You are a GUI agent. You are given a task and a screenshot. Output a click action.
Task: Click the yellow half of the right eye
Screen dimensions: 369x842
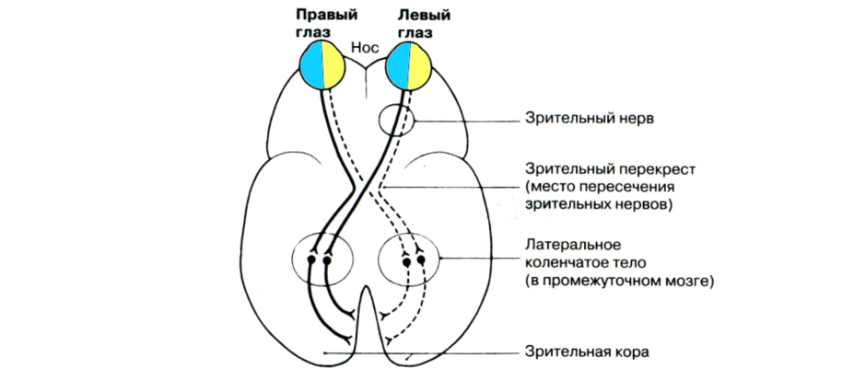[333, 68]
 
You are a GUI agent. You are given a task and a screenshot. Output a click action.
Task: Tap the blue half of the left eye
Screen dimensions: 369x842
[396, 68]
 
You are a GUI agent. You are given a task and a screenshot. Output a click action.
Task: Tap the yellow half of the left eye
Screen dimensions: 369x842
[419, 68]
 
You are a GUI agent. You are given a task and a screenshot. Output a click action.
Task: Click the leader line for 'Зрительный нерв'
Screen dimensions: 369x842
[465, 120]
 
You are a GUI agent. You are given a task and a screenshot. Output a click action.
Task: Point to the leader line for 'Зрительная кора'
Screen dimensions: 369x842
[415, 352]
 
